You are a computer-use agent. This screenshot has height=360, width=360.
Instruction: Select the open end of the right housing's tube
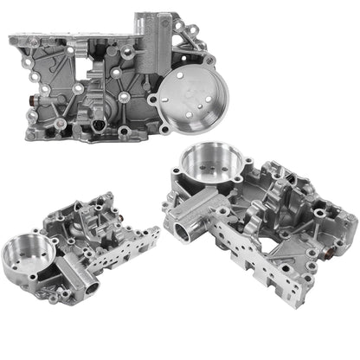[186, 232]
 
